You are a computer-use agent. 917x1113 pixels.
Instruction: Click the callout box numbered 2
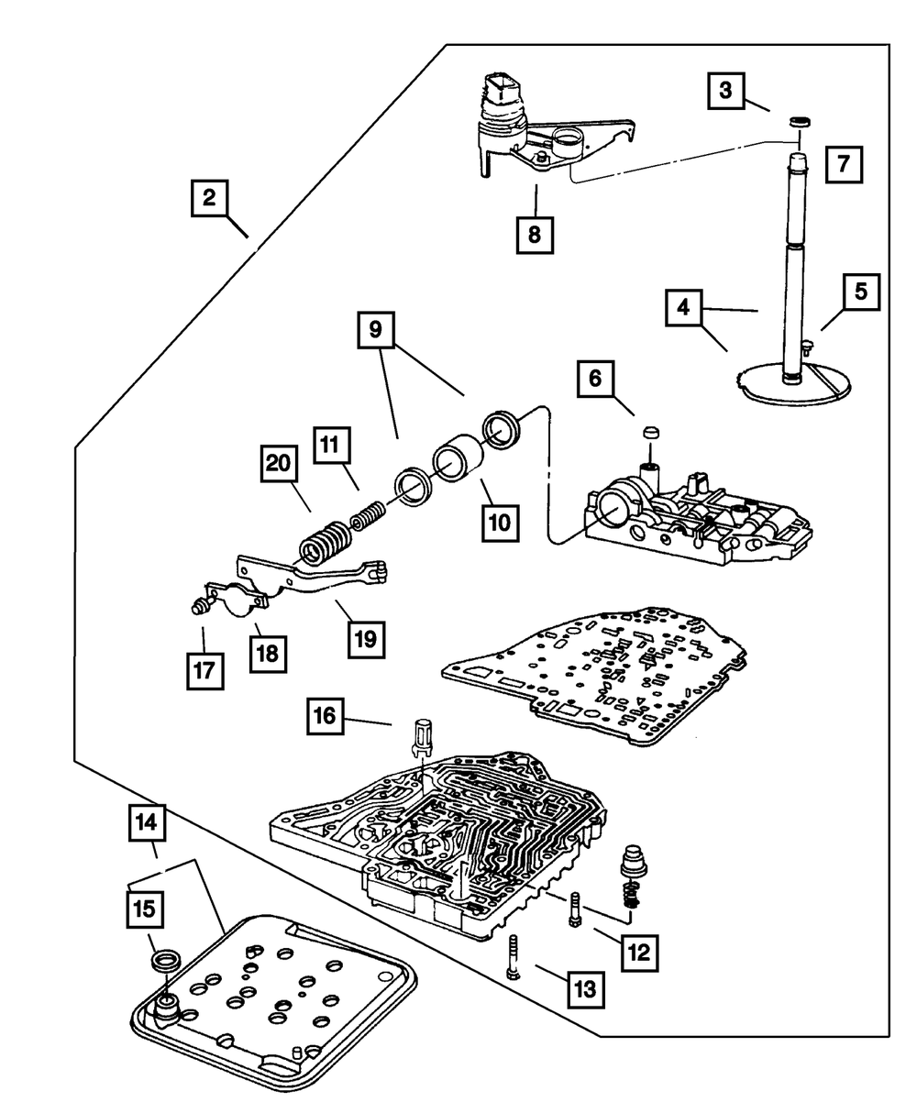210,198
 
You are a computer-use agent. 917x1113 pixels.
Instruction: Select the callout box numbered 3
725,91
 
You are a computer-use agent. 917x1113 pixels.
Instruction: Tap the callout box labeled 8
535,234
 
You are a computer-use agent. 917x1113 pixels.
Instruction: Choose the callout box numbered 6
596,378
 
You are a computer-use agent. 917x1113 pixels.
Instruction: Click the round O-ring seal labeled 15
167,962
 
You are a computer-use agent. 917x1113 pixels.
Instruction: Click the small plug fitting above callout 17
196,606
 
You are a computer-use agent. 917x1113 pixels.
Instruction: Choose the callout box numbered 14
148,823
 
